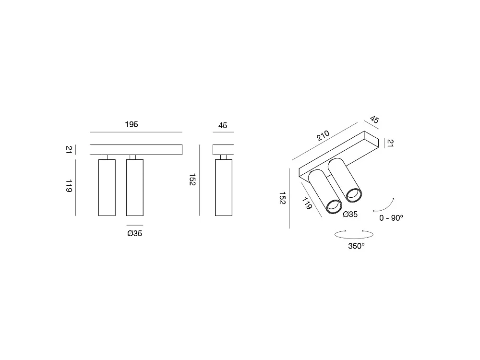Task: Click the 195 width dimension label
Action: coord(132,124)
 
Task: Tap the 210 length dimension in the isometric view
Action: coord(323,135)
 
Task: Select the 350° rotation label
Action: coord(356,246)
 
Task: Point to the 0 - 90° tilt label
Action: coord(391,217)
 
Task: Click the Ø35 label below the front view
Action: coord(135,233)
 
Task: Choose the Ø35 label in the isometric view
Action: coord(350,214)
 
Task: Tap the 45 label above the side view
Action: coord(223,125)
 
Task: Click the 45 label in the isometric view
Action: coord(374,120)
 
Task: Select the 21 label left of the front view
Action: coord(69,150)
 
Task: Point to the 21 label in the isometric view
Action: coord(390,143)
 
